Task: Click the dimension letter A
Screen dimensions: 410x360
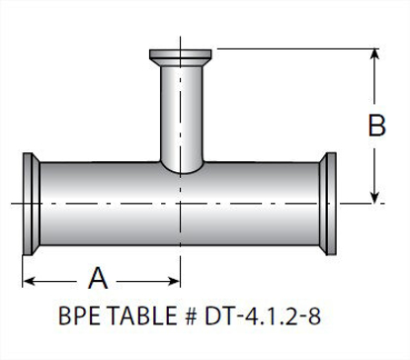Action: [98, 275]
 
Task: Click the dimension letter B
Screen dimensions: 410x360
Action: [376, 126]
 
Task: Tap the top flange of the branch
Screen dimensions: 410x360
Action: [179, 53]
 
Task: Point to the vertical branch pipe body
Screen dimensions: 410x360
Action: [179, 109]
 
